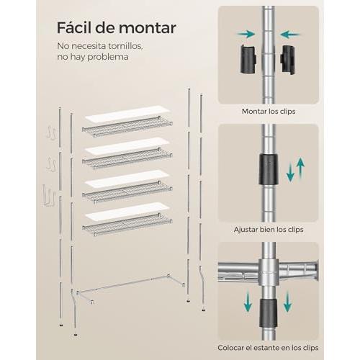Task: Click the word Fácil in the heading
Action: point(73,27)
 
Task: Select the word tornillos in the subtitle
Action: point(125,46)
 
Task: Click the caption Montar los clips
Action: point(269,112)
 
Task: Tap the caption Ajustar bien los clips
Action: point(269,230)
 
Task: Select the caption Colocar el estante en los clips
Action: point(268,348)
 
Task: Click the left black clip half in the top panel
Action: point(248,59)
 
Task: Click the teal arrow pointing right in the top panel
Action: point(246,35)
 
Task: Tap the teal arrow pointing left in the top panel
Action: point(290,35)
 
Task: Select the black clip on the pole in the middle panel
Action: point(269,169)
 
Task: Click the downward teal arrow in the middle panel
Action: point(290,172)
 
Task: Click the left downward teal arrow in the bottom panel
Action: point(248,300)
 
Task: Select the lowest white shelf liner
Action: point(127,211)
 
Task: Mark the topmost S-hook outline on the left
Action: point(51,133)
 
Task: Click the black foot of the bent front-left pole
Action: point(76,334)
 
